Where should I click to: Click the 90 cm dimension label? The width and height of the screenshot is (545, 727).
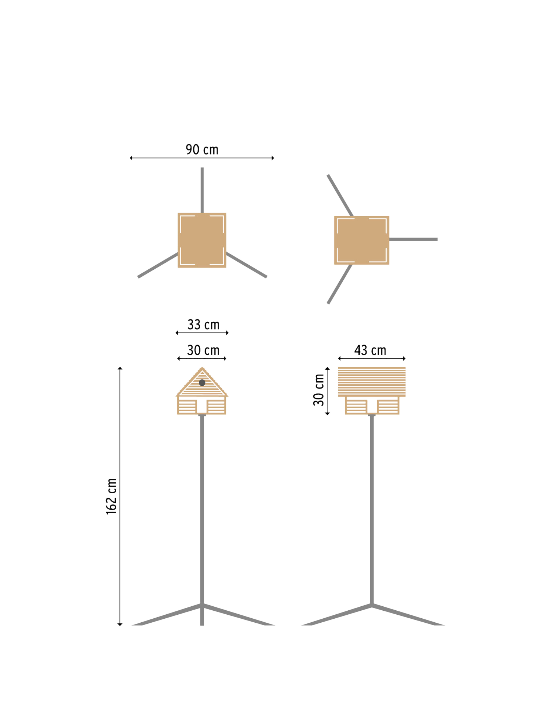[x=202, y=149]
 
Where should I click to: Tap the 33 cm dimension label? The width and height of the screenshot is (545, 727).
[x=203, y=325]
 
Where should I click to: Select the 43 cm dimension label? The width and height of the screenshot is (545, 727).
[x=370, y=350]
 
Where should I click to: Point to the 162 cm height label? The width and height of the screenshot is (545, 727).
[x=112, y=496]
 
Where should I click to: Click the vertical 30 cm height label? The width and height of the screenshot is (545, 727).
[x=319, y=390]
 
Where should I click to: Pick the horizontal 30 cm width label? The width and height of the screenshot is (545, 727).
[x=203, y=350]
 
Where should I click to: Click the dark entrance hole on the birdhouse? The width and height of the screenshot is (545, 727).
[x=202, y=382]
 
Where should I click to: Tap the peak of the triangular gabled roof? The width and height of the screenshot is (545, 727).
[x=202, y=369]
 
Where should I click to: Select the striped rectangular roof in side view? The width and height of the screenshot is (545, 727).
[x=372, y=382]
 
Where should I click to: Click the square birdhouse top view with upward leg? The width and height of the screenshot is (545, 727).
[x=202, y=240]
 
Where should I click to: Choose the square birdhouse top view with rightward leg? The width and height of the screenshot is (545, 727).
[x=362, y=240]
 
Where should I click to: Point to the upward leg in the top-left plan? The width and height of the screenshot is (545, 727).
[x=202, y=190]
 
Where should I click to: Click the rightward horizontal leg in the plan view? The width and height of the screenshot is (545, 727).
[x=413, y=239]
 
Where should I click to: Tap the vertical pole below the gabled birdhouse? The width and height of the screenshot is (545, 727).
[x=202, y=509]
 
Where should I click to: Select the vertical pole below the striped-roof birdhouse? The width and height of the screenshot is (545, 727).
[x=372, y=509]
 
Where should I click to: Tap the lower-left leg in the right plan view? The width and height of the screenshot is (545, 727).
[x=340, y=284]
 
